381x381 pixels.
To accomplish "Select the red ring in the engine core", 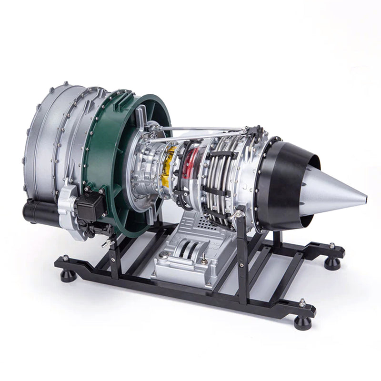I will pos(191,164).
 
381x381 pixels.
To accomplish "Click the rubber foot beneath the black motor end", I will pos(68,275).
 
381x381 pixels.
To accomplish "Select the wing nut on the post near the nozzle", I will pos(235,215).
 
